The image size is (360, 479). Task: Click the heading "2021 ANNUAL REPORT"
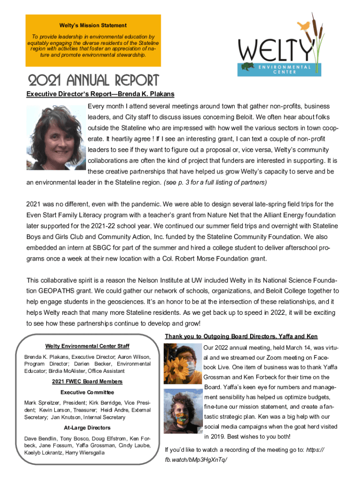94,80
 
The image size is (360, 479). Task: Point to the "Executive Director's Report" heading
100,94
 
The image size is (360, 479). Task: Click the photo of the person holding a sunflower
183,363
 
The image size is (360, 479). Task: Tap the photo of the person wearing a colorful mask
183,413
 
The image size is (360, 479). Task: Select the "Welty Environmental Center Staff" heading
87,346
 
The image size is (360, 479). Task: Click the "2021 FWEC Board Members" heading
87,382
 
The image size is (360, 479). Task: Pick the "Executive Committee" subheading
87,392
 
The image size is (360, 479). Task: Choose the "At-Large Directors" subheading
87,428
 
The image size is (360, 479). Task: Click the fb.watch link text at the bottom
196,460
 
